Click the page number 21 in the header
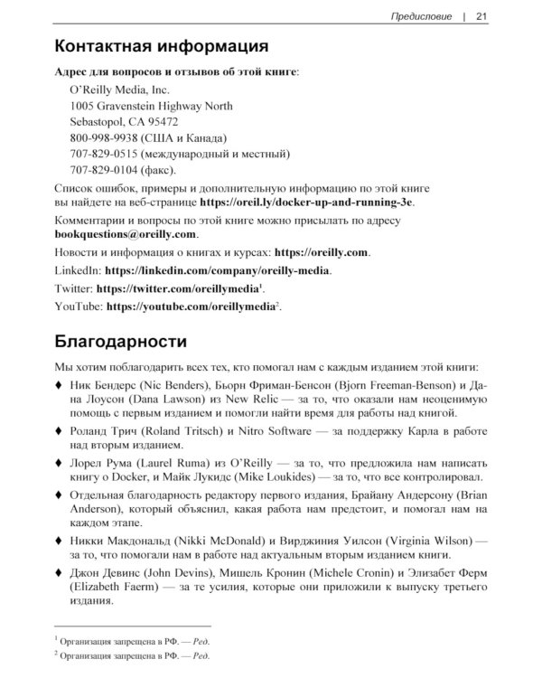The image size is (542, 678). coord(481,15)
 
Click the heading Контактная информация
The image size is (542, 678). coord(161,46)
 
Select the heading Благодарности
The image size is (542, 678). coord(121,343)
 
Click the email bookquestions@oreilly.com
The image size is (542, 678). coord(126,234)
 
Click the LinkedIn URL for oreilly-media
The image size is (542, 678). coord(218,270)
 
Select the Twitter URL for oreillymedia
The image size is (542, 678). coord(177,288)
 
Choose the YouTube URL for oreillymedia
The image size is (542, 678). coord(191,307)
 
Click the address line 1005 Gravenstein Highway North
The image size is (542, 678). coord(151,106)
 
